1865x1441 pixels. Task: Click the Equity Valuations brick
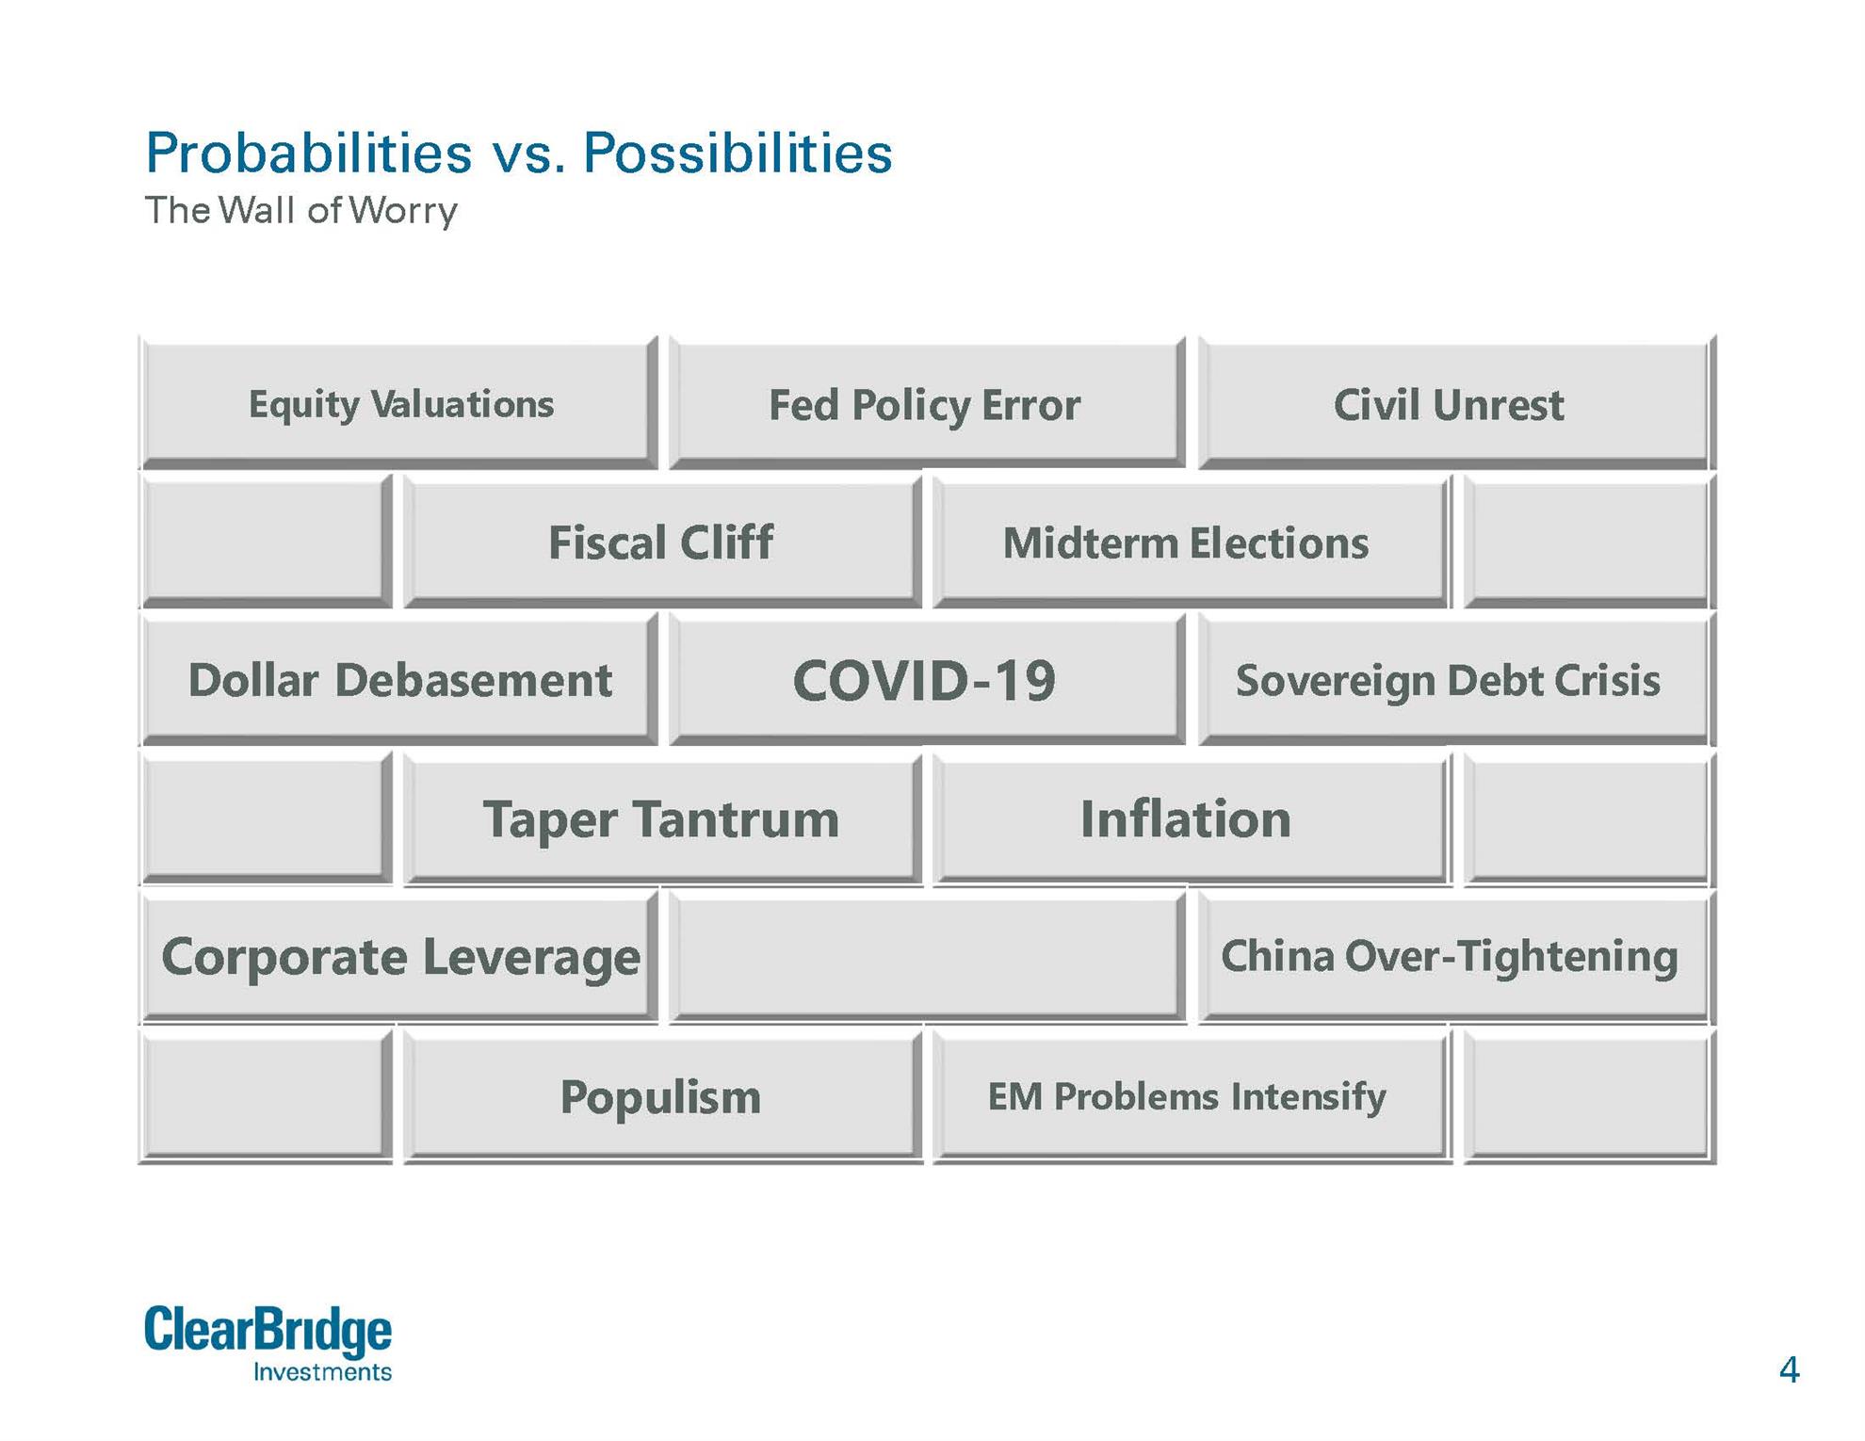pos(399,403)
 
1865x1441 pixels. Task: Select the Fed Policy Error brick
pos(927,403)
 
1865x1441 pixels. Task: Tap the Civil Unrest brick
pos(1456,403)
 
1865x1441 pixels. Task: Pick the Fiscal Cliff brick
pos(663,542)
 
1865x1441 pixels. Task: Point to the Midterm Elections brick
pos(1192,542)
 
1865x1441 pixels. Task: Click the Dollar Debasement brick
pos(399,679)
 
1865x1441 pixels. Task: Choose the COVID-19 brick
pos(927,679)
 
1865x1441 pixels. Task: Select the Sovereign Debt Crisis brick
pos(1456,679)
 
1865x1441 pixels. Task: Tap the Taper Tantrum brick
pos(663,818)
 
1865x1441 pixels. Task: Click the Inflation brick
pos(1192,818)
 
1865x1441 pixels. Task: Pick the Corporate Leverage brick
pos(399,957)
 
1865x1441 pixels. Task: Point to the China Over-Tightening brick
pos(1456,957)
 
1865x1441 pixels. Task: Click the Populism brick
pos(663,1096)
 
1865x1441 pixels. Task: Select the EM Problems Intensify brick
pos(1192,1096)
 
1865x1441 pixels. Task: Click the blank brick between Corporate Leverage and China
pos(927,957)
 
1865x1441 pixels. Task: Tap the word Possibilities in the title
pos(738,153)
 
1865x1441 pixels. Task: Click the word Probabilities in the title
pos(309,153)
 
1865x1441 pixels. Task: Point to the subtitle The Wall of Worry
pos(301,211)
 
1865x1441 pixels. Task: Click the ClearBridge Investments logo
pos(268,1343)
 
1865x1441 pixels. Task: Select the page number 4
pos(1789,1368)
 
